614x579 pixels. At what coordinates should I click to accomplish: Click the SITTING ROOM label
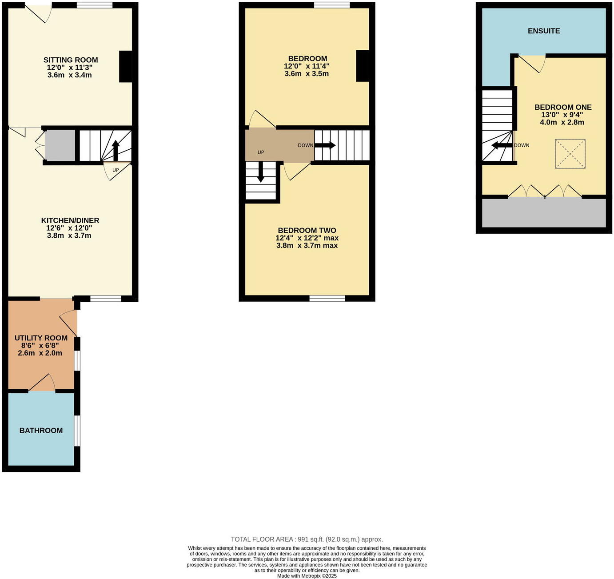(71, 60)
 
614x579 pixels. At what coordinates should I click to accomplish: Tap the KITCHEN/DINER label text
(70, 220)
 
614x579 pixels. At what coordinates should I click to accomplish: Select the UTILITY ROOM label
(41, 338)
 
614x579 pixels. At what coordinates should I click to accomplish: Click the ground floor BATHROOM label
(41, 431)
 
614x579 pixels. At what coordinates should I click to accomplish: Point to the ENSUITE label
(544, 31)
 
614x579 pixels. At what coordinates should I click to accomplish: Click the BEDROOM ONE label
(563, 108)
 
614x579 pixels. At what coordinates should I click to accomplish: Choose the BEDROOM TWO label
(307, 231)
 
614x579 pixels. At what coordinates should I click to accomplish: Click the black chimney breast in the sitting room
(126, 67)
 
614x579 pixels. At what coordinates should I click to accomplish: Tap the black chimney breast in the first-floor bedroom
(363, 66)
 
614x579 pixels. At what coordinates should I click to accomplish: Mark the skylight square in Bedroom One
(570, 154)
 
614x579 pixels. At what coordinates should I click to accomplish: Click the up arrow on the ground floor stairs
(116, 150)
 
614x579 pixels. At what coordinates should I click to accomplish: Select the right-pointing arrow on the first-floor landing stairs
(325, 145)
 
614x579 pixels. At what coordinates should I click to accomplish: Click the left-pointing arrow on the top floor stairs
(502, 145)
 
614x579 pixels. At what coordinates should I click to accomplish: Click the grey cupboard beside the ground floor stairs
(60, 145)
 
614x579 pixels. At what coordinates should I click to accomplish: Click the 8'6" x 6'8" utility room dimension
(40, 346)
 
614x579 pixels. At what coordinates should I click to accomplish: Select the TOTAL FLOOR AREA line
(307, 539)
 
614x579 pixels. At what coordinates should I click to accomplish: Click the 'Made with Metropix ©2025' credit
(307, 576)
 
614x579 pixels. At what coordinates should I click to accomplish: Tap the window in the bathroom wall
(77, 431)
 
